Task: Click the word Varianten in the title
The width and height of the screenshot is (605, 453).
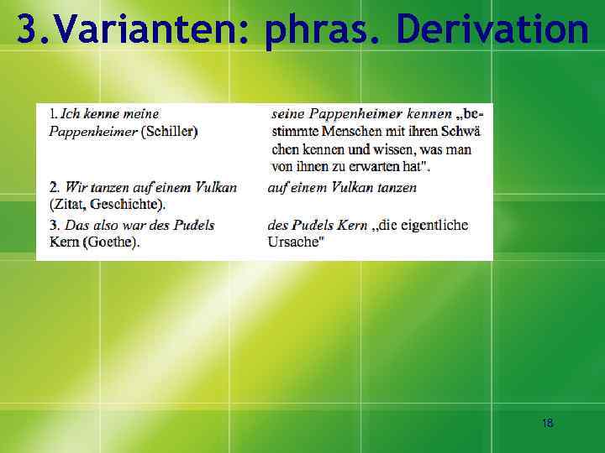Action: coord(149,30)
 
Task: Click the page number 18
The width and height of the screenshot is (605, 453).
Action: coord(547,423)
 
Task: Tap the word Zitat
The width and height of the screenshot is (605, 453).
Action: coord(66,204)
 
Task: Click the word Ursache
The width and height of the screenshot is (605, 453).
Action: coord(294,242)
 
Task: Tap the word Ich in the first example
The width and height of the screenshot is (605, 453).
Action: coord(71,113)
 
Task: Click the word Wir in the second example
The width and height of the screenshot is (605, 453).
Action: coord(76,187)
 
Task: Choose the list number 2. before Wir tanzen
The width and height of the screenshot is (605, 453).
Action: coord(54,187)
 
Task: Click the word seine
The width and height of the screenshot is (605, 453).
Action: coord(288,113)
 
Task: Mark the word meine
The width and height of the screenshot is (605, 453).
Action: coord(139,113)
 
